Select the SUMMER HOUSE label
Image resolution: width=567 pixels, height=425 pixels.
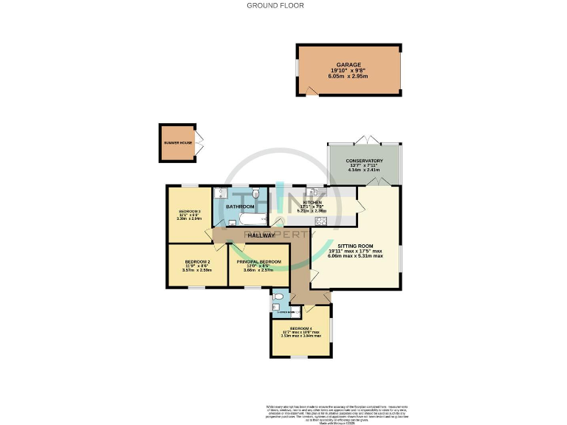(178, 143)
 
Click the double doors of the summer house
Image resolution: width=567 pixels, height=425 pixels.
(199, 143)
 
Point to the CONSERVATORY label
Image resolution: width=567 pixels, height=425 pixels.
(364, 161)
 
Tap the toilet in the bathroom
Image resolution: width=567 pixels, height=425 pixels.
(255, 193)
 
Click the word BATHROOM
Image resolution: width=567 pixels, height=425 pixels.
(240, 207)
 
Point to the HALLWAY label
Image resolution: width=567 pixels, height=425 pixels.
(261, 235)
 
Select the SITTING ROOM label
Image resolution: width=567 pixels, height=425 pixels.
(356, 246)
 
